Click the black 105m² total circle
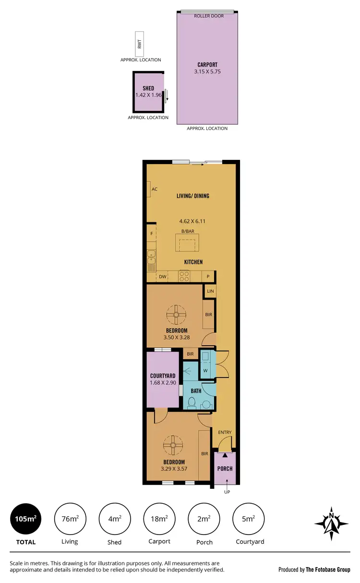tap(26, 519)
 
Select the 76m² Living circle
tap(70, 519)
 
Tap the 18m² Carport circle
tap(159, 519)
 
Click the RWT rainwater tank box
tap(140, 44)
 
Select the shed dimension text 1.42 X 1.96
tap(148, 95)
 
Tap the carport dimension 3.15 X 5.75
tap(207, 72)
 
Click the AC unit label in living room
tap(154, 189)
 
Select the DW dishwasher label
tap(162, 277)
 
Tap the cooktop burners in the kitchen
tap(184, 276)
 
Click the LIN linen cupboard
tap(210, 291)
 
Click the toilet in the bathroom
tap(191, 402)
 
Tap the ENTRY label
tap(225, 432)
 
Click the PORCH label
tap(225, 469)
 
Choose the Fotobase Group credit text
tap(314, 570)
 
